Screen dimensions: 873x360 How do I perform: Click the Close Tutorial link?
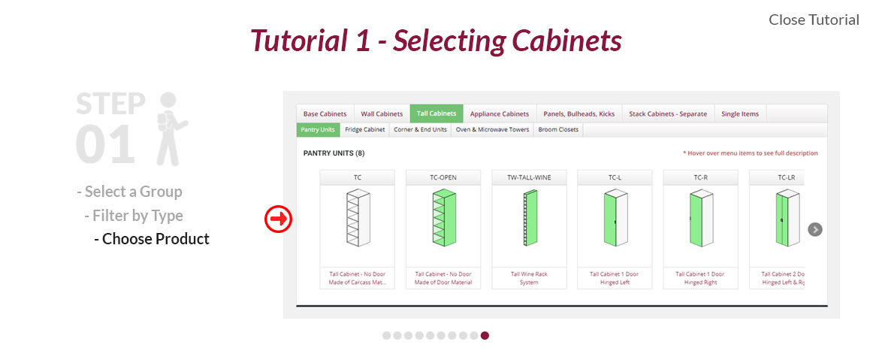pyautogui.click(x=814, y=20)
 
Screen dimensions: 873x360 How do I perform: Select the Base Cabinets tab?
pyautogui.click(x=325, y=113)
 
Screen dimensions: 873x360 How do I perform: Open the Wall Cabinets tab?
pyautogui.click(x=382, y=113)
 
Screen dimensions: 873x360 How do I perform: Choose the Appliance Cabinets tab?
pyautogui.click(x=500, y=113)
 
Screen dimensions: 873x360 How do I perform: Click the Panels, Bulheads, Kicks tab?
pyautogui.click(x=579, y=113)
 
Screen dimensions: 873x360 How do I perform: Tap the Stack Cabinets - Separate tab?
pyautogui.click(x=668, y=113)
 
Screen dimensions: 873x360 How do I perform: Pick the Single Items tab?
pyautogui.click(x=740, y=113)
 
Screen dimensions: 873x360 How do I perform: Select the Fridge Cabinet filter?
pyautogui.click(x=364, y=130)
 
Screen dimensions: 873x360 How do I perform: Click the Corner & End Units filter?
pyautogui.click(x=421, y=130)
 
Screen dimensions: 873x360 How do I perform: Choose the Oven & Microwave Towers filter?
pyautogui.click(x=492, y=130)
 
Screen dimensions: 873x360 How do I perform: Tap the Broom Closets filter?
pyautogui.click(x=558, y=130)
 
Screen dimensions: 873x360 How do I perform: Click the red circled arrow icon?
pyautogui.click(x=278, y=219)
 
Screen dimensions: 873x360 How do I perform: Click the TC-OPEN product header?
pyautogui.click(x=443, y=178)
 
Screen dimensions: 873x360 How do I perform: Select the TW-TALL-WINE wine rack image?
pyautogui.click(x=530, y=218)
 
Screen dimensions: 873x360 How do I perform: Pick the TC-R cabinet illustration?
pyautogui.click(x=700, y=218)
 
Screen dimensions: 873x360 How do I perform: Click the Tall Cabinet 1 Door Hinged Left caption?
pyautogui.click(x=615, y=278)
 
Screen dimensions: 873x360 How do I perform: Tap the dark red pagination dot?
pyautogui.click(x=485, y=335)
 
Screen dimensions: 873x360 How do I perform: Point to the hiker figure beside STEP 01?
pyautogui.click(x=171, y=129)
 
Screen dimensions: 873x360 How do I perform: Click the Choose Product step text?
pyautogui.click(x=152, y=239)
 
